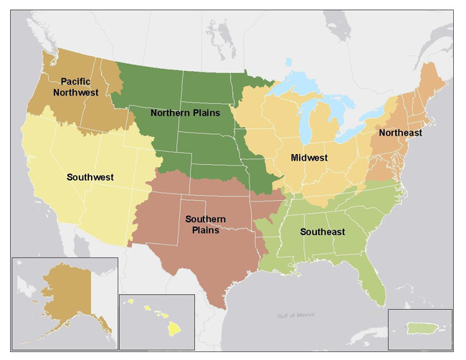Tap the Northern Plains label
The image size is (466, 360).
click(184, 113)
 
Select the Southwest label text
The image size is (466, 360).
click(90, 176)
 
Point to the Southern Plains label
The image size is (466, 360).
click(205, 224)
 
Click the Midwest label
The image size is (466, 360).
click(309, 157)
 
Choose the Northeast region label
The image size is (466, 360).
click(400, 133)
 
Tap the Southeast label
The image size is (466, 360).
click(323, 232)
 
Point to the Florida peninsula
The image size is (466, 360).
click(374, 283)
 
